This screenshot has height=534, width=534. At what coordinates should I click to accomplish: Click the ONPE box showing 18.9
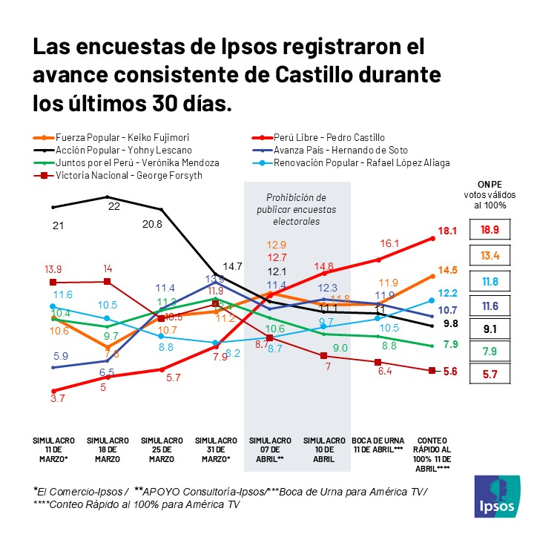tap(491, 229)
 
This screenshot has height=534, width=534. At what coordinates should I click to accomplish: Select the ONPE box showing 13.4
tap(491, 257)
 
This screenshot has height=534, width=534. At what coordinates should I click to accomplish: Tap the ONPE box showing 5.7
tap(491, 374)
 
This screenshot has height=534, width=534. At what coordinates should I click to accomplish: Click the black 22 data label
tap(114, 206)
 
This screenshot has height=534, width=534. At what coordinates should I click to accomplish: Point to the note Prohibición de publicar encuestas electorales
tap(297, 209)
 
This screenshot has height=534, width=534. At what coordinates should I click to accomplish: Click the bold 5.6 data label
tap(449, 372)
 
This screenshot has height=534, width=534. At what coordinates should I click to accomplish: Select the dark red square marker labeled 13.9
tap(53, 282)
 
